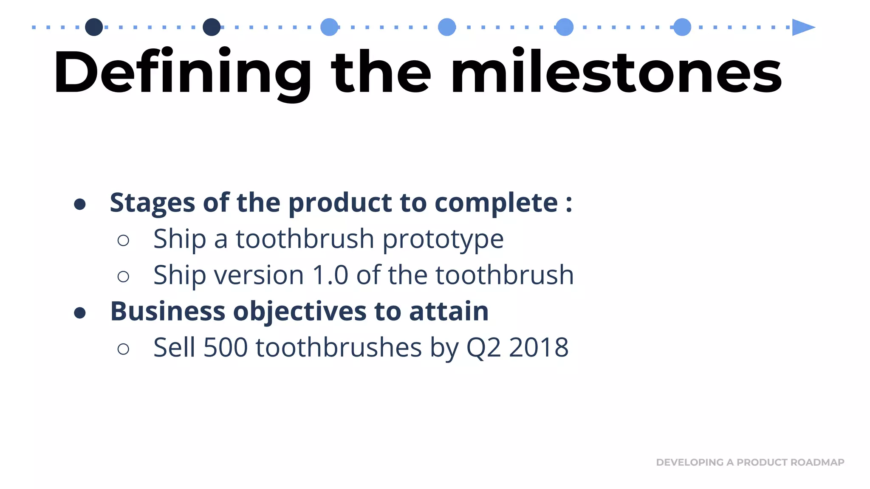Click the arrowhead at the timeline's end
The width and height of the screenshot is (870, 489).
point(802,27)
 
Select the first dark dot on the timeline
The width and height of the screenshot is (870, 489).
point(94,27)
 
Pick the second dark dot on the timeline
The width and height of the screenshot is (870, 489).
point(212,27)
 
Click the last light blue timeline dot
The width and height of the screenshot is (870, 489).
point(682,27)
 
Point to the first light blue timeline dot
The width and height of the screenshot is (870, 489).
point(329,27)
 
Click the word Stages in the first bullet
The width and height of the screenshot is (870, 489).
point(152,202)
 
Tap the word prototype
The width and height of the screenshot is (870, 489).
point(443,239)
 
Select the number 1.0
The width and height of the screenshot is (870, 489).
point(330,275)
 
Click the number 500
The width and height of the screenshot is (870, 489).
point(226,348)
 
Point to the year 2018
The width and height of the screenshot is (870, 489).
point(539,348)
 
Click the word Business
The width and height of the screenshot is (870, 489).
point(167,311)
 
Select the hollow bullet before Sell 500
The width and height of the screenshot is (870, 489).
point(123,349)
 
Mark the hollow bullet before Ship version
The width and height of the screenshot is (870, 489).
point(123,277)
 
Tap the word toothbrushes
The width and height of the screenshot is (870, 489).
point(339,348)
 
